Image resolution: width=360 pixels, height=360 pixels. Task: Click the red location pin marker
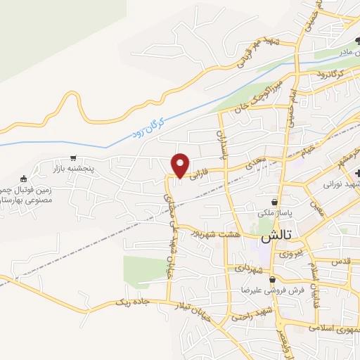[x=181, y=165]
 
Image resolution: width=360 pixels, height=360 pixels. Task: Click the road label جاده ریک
[x=130, y=302]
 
